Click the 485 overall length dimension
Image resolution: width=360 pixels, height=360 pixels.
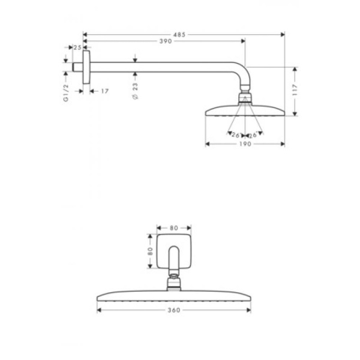178,34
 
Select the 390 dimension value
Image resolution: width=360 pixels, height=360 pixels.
159,41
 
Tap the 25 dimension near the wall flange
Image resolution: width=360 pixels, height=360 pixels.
77,47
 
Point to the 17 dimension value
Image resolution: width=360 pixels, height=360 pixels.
104,91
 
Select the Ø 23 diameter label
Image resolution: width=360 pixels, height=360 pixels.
136,92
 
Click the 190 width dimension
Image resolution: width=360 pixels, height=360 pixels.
244,144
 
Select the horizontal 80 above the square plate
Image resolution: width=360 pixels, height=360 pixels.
174,228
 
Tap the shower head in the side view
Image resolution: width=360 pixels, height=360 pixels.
245,111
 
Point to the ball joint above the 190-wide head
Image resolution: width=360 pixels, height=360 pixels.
245,98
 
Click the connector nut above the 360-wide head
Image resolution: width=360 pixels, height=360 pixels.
174,281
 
